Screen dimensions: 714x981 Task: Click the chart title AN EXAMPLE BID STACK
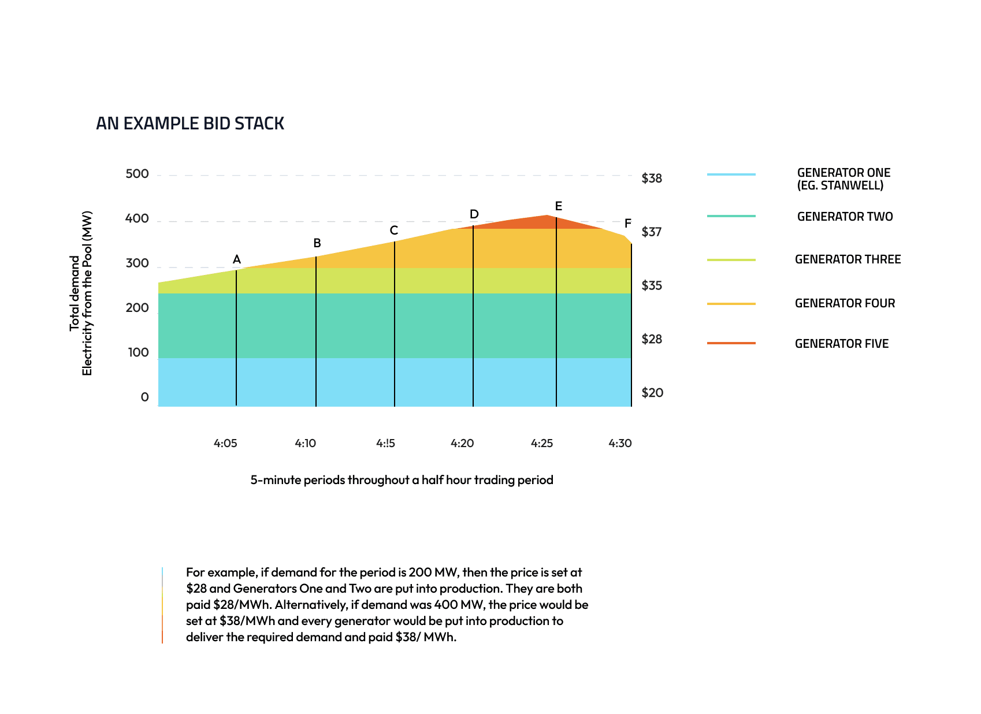coord(189,124)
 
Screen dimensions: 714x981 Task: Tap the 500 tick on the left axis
coord(137,174)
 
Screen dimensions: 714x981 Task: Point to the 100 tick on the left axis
coord(138,352)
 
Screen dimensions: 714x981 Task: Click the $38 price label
coord(652,178)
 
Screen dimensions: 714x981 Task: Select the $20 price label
coord(652,393)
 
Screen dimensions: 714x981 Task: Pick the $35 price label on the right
coord(652,285)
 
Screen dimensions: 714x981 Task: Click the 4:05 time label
coord(225,443)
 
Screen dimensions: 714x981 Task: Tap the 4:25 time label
coord(542,443)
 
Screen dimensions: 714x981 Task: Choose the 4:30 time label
coord(620,443)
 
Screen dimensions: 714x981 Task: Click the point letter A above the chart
coord(236,259)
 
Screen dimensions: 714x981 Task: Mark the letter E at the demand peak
coord(558,206)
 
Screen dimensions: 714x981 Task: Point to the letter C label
coord(393,230)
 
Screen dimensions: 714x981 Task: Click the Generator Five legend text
coord(841,344)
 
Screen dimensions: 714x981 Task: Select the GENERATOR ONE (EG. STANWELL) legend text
coord(843,179)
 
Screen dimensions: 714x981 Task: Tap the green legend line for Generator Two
coord(731,216)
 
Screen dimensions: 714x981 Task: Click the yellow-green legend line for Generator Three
coord(731,260)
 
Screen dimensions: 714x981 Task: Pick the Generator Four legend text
coord(845,303)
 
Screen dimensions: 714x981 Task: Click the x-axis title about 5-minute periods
coord(402,480)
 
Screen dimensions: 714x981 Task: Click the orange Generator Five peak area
coord(537,222)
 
